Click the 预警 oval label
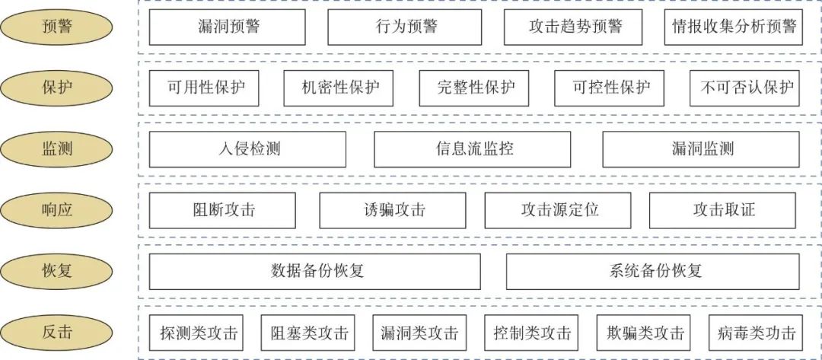coord(56,27)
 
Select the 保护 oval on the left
coord(56,88)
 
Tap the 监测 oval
coord(56,149)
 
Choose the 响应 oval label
coord(56,210)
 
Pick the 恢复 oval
coord(56,272)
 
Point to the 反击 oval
coord(56,333)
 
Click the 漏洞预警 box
coord(227,27)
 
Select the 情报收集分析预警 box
coord(733,27)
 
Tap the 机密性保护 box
coord(339,88)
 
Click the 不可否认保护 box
coord(745,88)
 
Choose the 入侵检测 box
coord(247,149)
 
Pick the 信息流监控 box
coord(473,149)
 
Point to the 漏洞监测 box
coord(702,149)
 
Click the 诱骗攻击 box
coord(393,211)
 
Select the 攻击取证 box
coord(722,211)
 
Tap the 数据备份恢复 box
coord(314,272)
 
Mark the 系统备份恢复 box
coord(653,272)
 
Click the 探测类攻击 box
coord(196,333)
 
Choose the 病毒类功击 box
coord(756,333)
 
